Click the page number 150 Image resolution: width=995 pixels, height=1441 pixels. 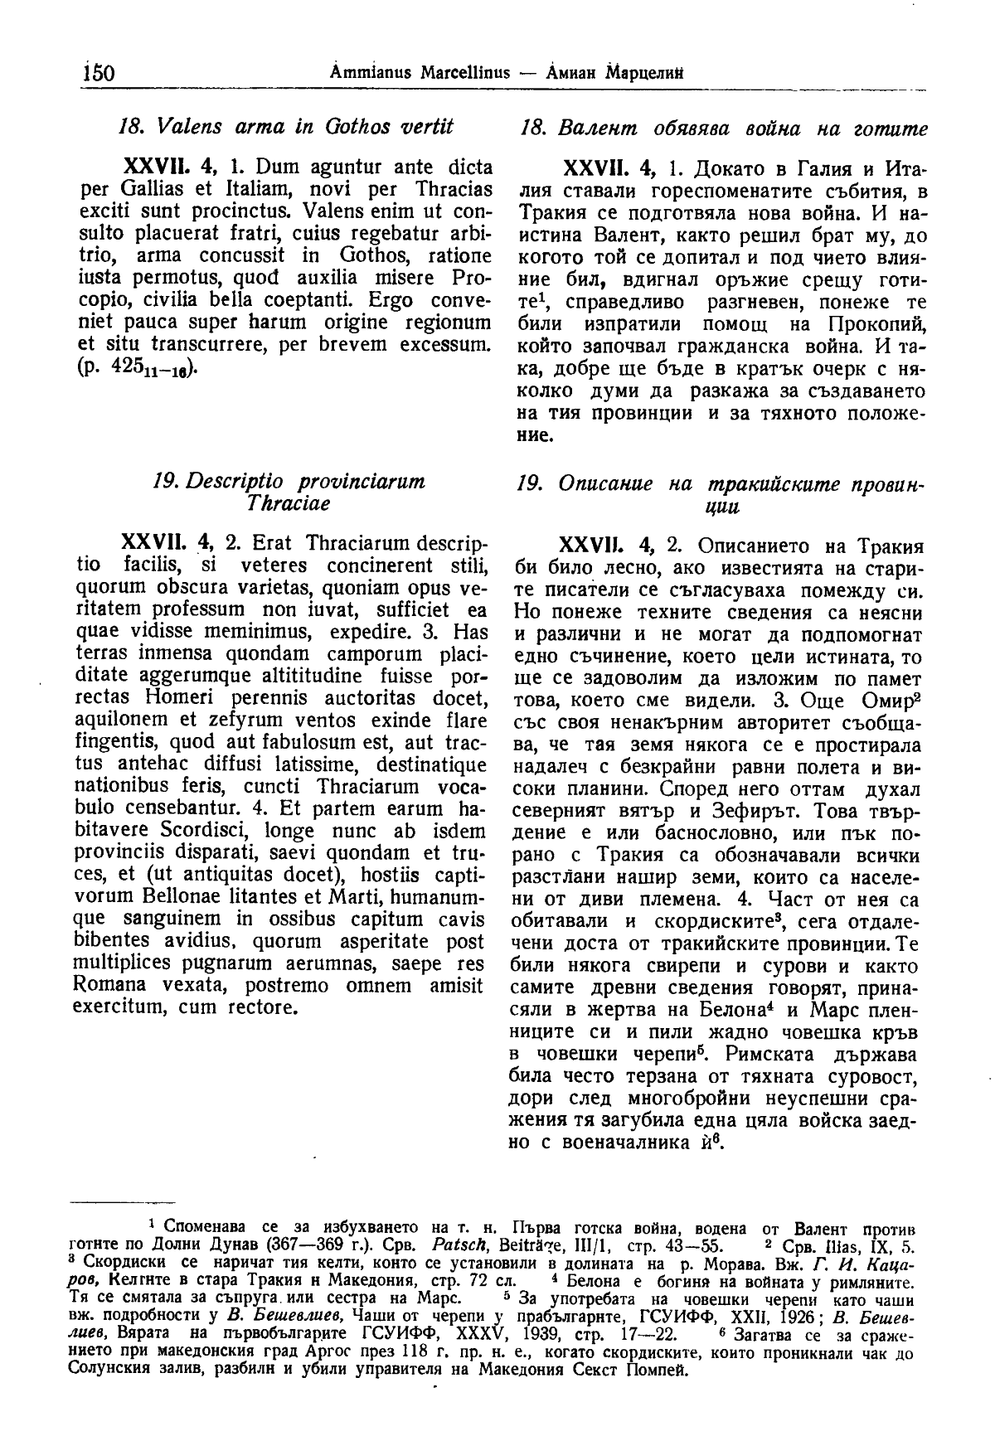pos(98,73)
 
